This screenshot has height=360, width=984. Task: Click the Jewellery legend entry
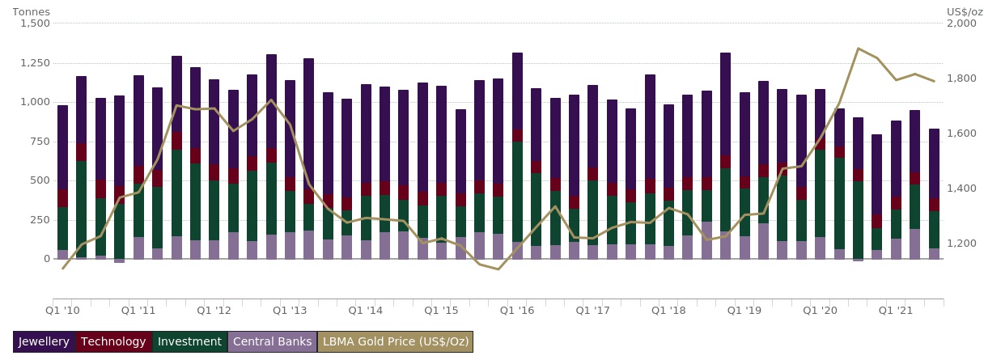coord(45,342)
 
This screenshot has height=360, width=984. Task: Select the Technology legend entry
coord(114,342)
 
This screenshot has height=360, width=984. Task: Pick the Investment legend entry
coord(189,342)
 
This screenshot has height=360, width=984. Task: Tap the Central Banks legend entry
coord(272,342)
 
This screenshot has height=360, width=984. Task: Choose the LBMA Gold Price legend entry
coord(395,342)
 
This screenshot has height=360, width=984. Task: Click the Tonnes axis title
coord(31,12)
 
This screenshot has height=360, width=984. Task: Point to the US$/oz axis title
coord(964,12)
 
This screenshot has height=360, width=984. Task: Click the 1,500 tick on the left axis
coord(34,23)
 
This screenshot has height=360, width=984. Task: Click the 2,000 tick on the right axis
coord(961,23)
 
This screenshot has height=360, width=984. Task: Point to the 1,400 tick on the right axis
coord(961,188)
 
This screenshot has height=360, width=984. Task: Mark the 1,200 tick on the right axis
coord(961,244)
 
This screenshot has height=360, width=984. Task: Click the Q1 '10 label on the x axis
coord(62,310)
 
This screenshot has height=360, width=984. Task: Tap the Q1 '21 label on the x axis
coord(896,310)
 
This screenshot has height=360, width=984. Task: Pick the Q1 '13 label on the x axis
coord(290,310)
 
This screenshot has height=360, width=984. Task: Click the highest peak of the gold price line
coord(858,49)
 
